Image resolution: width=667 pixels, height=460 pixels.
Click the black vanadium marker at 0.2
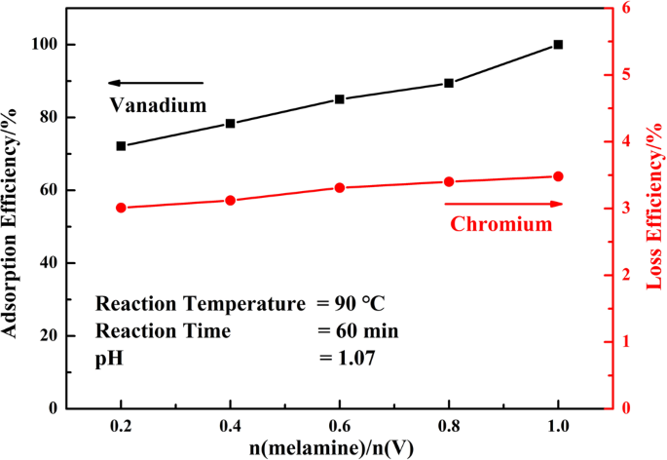click(121, 146)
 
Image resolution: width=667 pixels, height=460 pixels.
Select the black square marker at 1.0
click(558, 45)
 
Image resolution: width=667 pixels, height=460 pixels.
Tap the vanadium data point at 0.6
click(340, 99)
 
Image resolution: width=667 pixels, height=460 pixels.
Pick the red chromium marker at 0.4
click(231, 201)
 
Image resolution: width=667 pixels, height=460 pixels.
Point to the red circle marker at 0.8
click(449, 182)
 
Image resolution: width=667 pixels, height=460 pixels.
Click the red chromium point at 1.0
click(558, 176)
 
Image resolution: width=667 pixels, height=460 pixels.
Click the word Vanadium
click(157, 104)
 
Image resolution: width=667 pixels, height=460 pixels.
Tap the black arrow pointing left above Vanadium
click(156, 83)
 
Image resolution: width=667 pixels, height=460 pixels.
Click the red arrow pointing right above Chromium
click(503, 204)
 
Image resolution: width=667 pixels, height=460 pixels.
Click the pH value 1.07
click(348, 359)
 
